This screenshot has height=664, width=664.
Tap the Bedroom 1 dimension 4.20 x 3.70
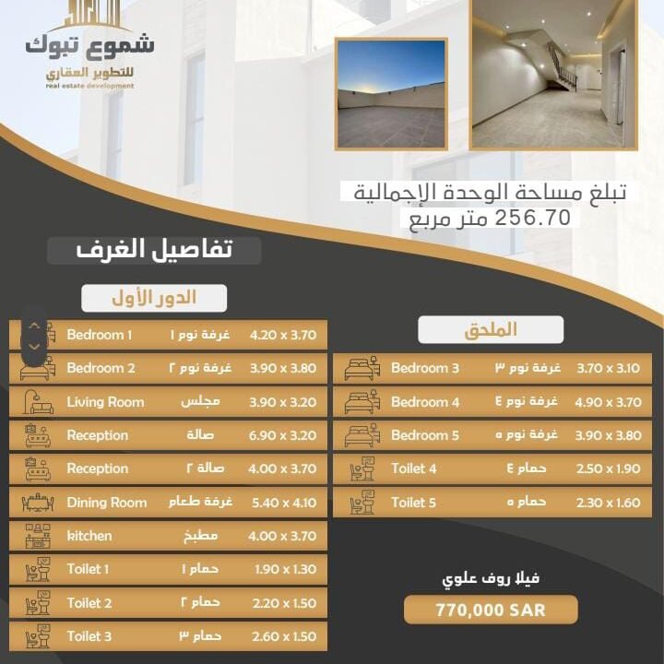point(283,335)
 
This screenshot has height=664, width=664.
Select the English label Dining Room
point(106,503)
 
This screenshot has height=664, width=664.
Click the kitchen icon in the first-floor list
point(37,536)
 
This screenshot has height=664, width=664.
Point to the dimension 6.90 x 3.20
point(283,435)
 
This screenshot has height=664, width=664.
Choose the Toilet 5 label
point(413,503)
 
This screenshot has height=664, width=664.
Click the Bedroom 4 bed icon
point(362,402)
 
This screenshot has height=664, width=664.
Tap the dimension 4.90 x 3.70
point(607,402)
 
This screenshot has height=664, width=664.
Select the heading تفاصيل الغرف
point(154,249)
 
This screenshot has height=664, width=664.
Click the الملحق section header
point(491,329)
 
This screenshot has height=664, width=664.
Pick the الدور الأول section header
point(154,298)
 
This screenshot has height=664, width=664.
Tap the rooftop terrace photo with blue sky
point(391,94)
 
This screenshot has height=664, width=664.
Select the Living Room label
point(105,402)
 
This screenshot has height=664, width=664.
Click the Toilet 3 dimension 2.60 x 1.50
point(283,636)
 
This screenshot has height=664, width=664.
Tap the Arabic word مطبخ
point(200,536)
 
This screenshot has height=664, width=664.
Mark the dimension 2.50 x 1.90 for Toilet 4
point(607,469)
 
